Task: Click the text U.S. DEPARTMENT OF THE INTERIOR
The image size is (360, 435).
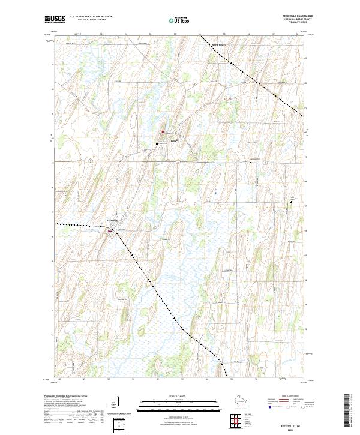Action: click(91, 17)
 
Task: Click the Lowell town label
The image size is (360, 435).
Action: click(174, 142)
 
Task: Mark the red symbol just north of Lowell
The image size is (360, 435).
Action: click(161, 132)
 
